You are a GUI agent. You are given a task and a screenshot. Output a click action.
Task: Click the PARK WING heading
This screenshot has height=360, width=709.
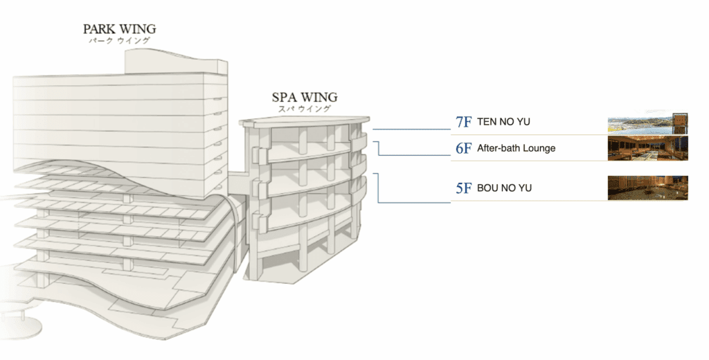tap(119, 29)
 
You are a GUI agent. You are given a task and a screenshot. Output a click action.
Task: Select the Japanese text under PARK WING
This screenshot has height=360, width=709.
tap(119, 41)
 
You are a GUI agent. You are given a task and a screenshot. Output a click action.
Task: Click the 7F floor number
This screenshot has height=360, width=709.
tap(463, 123)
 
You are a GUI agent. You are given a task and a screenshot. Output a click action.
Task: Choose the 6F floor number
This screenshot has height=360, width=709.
tap(463, 148)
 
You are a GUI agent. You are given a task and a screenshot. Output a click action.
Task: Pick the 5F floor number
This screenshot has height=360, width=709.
tap(463, 188)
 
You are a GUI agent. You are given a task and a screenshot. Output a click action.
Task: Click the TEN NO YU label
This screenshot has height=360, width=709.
tap(503, 123)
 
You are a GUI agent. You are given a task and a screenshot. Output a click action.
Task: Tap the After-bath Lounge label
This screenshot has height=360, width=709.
tap(516, 148)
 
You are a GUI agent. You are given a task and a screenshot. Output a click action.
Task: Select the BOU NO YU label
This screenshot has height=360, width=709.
tap(504, 188)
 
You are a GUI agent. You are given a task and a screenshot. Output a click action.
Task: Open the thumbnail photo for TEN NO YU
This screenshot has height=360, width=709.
tap(647, 124)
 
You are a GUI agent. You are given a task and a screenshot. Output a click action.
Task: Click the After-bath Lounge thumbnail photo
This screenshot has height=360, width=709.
tap(647, 149)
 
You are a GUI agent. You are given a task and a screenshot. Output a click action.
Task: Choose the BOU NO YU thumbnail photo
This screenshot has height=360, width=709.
tap(647, 188)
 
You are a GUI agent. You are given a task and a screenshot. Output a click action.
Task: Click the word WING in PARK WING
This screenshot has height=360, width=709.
tap(138, 29)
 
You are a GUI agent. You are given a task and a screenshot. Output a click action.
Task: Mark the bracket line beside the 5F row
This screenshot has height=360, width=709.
tap(378, 188)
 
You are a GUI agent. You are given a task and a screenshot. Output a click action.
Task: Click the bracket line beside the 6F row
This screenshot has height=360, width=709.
tap(378, 148)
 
